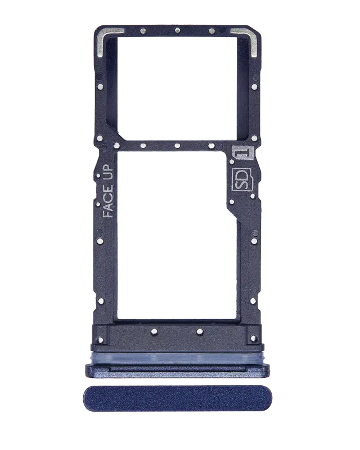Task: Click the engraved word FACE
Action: click(107, 200)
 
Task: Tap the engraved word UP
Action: click(107, 172)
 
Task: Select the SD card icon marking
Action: click(242, 179)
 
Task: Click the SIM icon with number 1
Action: click(243, 152)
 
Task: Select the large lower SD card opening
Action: click(177, 235)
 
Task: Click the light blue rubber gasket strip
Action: click(178, 358)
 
